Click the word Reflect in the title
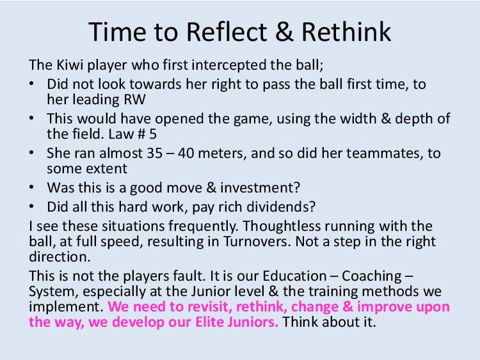point(227,32)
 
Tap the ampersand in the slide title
point(284,32)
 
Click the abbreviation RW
point(134,100)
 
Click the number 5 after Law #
point(153,134)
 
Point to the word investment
point(260,188)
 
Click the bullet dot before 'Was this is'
point(31,187)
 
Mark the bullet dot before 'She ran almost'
point(31,153)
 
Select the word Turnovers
point(257,242)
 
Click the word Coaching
point(372,276)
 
